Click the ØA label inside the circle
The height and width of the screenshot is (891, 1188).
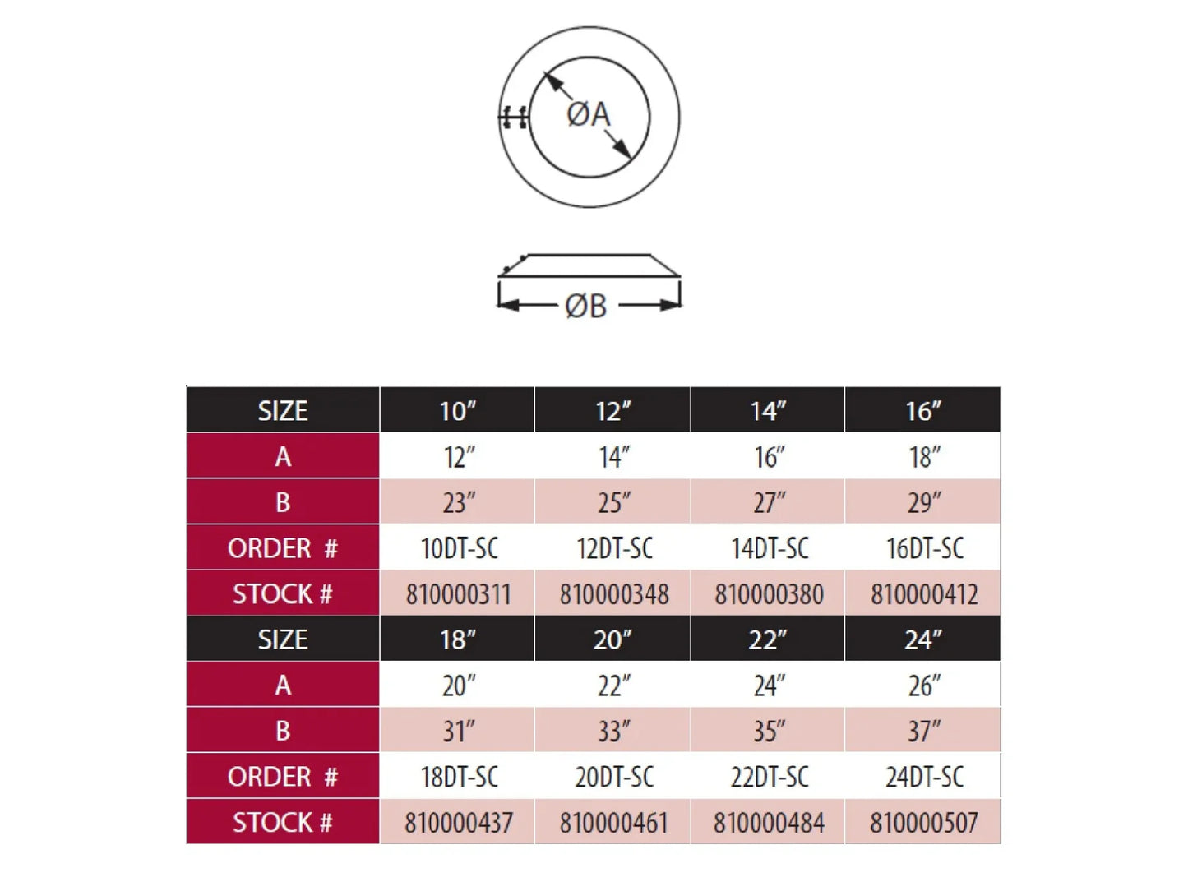point(589,115)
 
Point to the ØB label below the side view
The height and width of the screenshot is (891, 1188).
point(585,307)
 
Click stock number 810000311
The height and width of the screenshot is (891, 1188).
point(458,594)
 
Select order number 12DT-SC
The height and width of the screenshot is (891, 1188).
point(614,548)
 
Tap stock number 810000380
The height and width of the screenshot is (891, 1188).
point(769,594)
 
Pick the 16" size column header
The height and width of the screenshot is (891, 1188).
point(923,411)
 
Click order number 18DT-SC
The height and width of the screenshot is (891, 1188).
point(459,777)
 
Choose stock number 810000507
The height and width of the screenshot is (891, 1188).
point(924,823)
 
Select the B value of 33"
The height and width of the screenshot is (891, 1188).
point(614,732)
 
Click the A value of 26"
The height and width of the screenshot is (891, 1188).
point(924,686)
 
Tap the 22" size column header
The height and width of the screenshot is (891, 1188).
point(767,640)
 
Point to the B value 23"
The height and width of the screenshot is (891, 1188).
point(459,503)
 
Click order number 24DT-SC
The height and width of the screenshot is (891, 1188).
point(924,777)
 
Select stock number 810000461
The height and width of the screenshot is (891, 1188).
point(613,823)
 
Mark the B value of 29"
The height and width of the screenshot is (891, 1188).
point(924,503)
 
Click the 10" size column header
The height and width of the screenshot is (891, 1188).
point(457,411)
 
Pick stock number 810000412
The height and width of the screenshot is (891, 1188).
point(924,594)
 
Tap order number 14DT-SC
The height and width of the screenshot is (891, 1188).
point(770,548)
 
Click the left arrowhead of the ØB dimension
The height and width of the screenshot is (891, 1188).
point(508,305)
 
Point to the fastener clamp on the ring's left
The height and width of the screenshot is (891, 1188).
point(513,117)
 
